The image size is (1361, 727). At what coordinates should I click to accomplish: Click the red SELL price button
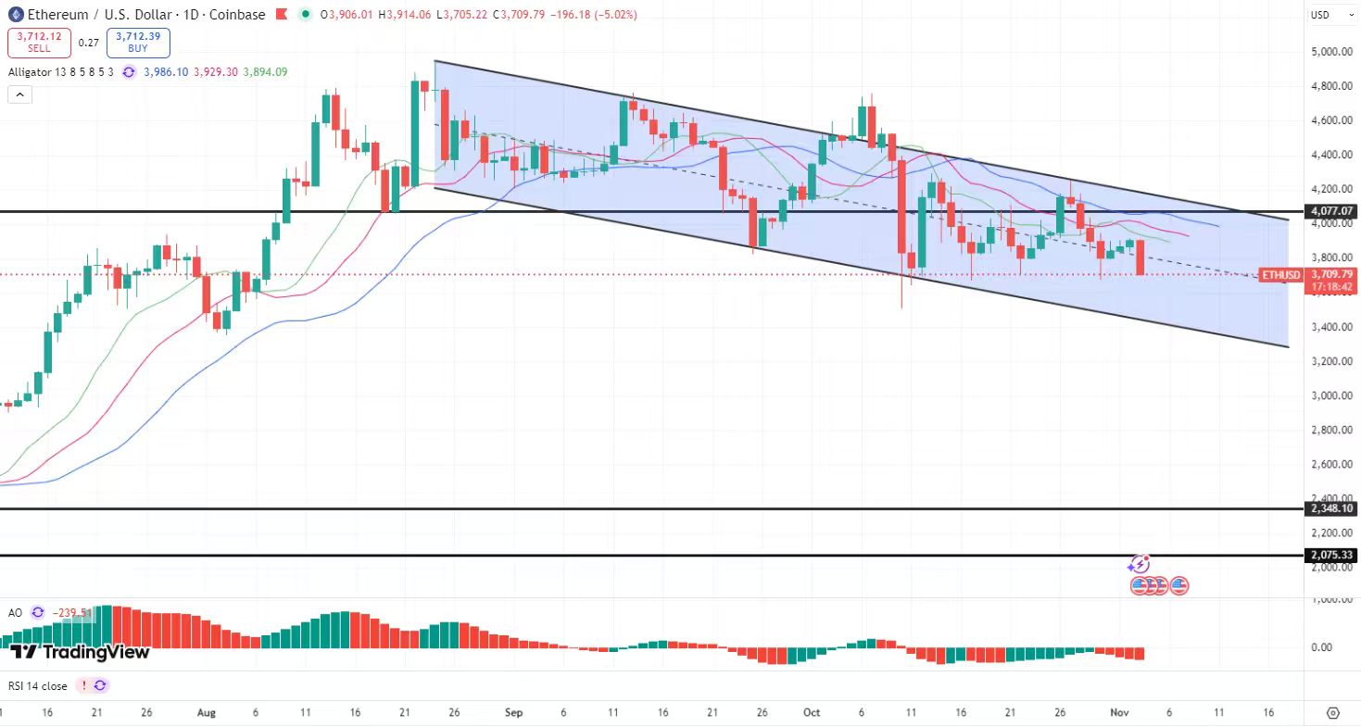coord(38,42)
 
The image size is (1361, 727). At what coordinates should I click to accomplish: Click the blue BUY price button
coord(137,42)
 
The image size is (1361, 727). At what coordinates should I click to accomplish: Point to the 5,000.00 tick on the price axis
coord(1331,52)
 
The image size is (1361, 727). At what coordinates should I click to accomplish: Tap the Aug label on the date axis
coord(207,712)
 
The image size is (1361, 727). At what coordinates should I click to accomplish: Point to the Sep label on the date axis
coord(514,712)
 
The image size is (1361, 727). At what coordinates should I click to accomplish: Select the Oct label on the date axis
coord(812,712)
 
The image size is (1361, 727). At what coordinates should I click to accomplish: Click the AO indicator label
coord(15,612)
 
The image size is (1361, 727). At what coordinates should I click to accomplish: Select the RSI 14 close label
coord(37,685)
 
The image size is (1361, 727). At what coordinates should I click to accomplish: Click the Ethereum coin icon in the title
coord(15,15)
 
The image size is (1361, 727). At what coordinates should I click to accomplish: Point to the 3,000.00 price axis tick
coord(1331,395)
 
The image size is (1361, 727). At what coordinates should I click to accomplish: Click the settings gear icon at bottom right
coord(1333,712)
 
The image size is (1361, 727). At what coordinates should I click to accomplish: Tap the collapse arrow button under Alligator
coord(19,94)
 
